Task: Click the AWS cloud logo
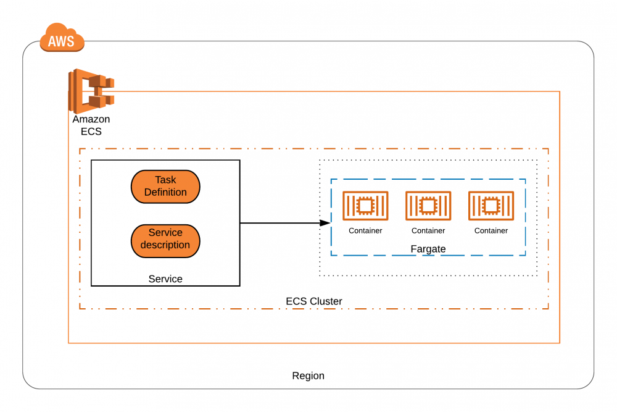point(62,38)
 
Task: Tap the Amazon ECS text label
point(91,125)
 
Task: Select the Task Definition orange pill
point(165,186)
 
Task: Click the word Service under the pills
point(165,279)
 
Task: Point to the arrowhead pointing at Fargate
point(325,223)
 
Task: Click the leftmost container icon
point(365,206)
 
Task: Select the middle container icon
point(428,206)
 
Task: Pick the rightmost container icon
point(491,206)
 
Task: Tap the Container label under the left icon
point(365,231)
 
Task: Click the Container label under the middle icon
point(428,231)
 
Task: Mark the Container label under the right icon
point(491,231)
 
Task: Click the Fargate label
point(428,249)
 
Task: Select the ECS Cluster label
point(314,301)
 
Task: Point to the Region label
point(308,376)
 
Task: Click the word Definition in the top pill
point(165,192)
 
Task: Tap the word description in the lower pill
point(165,245)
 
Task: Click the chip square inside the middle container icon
point(428,205)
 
